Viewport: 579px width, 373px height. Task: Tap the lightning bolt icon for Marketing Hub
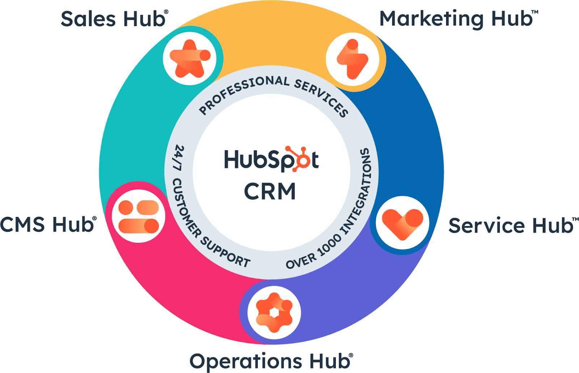coord(352,59)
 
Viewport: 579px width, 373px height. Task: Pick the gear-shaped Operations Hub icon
coord(274,312)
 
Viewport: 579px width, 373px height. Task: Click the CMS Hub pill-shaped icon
coord(139,216)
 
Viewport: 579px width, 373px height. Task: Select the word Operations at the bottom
coord(246,361)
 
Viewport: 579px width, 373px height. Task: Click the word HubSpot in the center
coord(271,160)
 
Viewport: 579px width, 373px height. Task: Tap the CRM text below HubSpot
coord(270,192)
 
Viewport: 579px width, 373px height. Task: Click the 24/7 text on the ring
coord(178,158)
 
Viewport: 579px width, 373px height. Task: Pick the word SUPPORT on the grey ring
coord(225,252)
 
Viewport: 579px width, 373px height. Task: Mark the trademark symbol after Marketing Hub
coord(534,12)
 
